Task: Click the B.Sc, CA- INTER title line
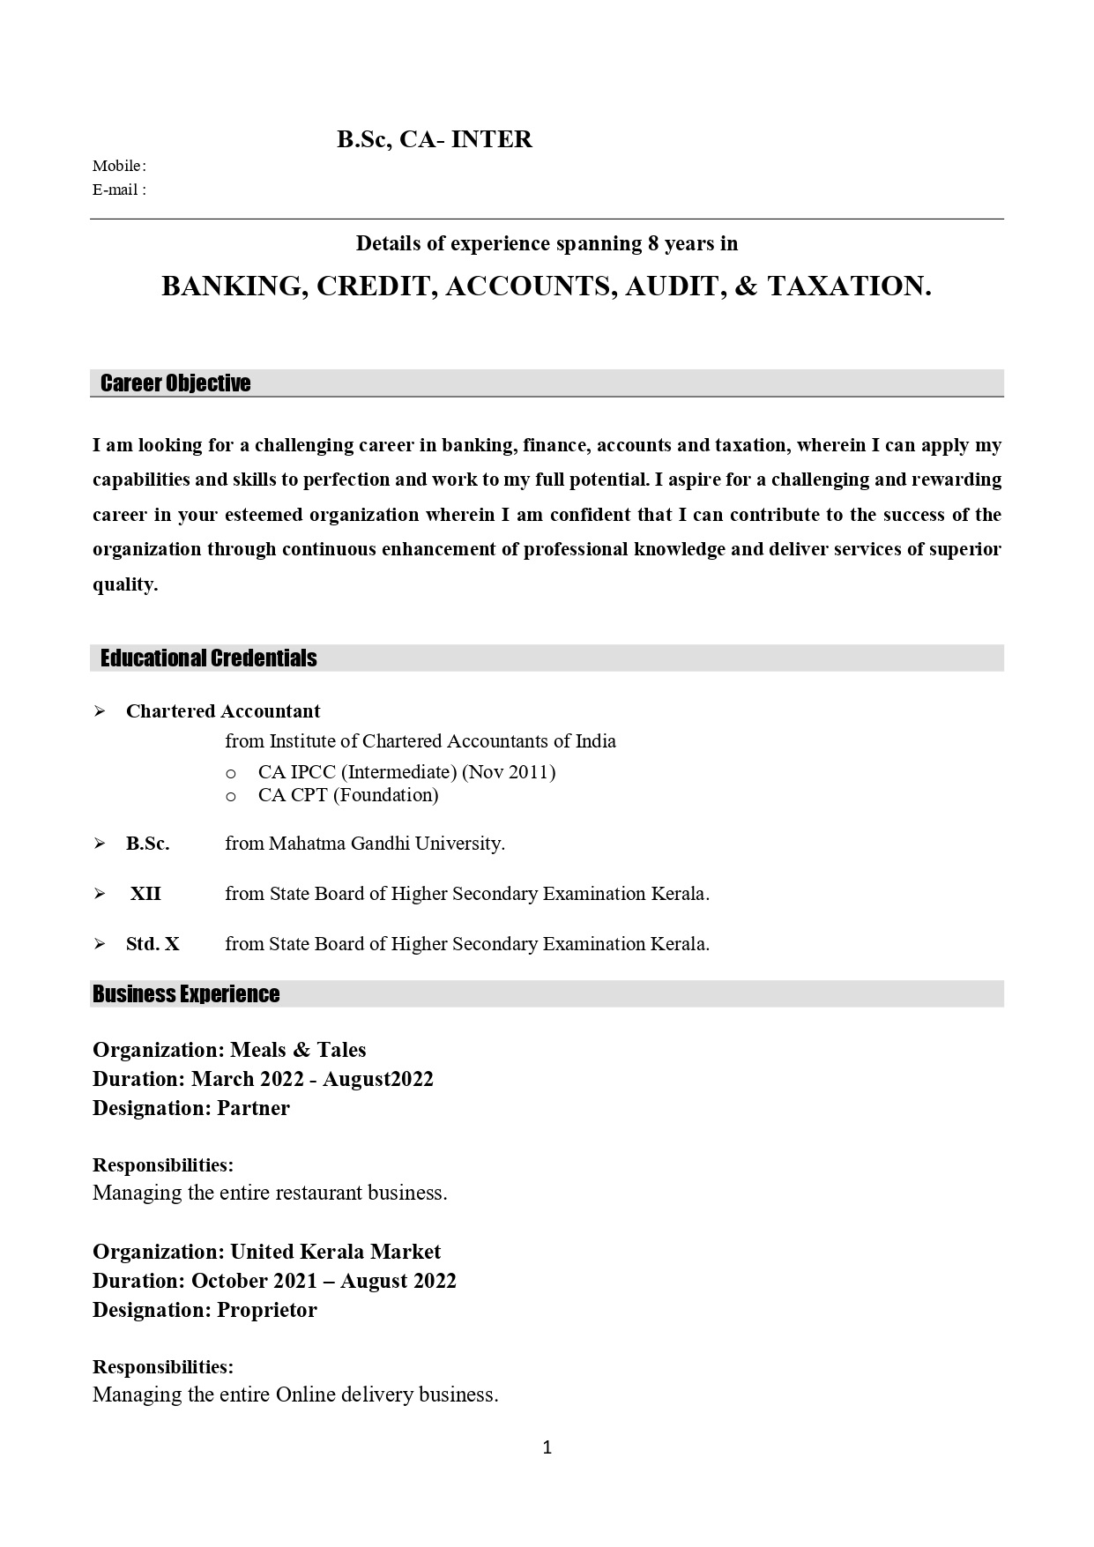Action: pyautogui.click(x=434, y=139)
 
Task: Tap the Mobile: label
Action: pyautogui.click(x=119, y=166)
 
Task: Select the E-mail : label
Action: pyautogui.click(x=119, y=190)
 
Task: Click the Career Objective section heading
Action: pyautogui.click(x=175, y=383)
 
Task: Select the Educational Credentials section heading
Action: pyautogui.click(x=208, y=658)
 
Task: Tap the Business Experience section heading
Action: pyautogui.click(x=186, y=994)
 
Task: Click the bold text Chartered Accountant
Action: pyautogui.click(x=223, y=711)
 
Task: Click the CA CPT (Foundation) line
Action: pyautogui.click(x=348, y=795)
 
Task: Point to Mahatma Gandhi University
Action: pyautogui.click(x=386, y=844)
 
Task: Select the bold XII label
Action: pyautogui.click(x=145, y=894)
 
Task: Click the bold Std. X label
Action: pyautogui.click(x=153, y=944)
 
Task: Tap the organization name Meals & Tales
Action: pyautogui.click(x=298, y=1050)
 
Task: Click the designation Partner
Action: pyautogui.click(x=253, y=1108)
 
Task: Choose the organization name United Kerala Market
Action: pyautogui.click(x=335, y=1252)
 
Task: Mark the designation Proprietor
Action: pyautogui.click(x=267, y=1310)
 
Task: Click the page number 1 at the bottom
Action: pyautogui.click(x=547, y=1447)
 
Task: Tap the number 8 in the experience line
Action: pyautogui.click(x=653, y=243)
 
